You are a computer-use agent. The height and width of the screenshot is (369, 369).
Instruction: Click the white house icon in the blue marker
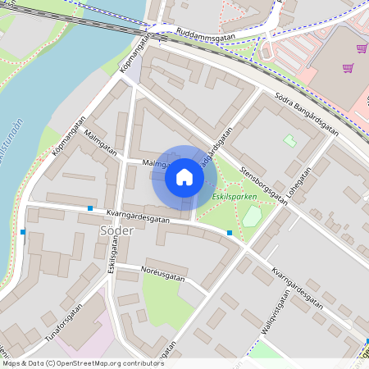tap(184, 177)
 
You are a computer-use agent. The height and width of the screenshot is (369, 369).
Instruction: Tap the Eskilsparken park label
tap(235, 197)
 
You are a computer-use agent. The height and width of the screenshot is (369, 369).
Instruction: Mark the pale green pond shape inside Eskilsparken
tap(252, 216)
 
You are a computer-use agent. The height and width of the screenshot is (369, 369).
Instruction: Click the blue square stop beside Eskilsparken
tap(230, 234)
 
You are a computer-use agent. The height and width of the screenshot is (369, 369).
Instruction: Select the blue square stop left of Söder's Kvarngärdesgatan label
tap(89, 208)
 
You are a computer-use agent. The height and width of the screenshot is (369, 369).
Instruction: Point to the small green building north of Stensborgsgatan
tap(289, 140)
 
